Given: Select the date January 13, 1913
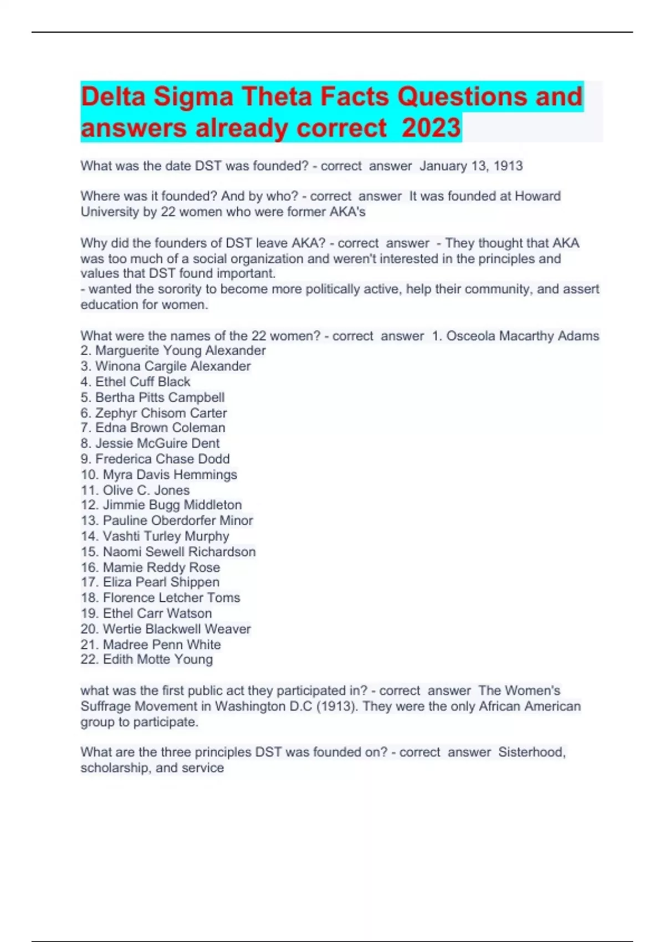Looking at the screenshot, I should click(471, 166).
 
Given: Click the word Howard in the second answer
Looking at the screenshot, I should click(538, 196).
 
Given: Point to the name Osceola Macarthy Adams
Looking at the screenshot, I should click(523, 336).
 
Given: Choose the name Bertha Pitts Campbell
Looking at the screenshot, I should click(160, 397).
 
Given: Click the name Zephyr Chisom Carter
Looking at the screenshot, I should click(161, 413).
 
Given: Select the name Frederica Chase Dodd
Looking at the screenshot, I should click(162, 459).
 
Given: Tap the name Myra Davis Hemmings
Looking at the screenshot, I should click(170, 474).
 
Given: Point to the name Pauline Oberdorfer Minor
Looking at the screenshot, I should click(177, 520).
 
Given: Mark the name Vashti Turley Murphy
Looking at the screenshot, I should click(166, 536).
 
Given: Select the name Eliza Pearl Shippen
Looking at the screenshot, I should click(161, 582).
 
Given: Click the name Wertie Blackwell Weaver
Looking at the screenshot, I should click(177, 629).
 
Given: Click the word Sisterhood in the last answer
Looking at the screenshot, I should click(531, 752).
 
